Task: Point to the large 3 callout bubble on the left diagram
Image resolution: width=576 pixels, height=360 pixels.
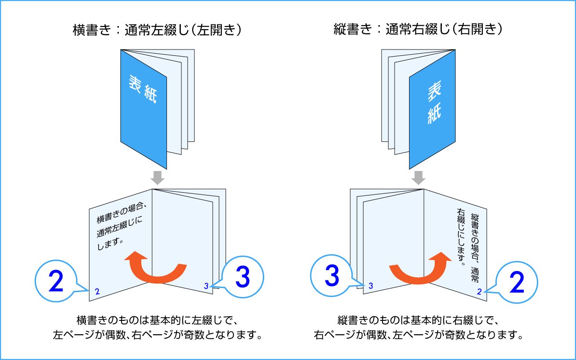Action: [x=243, y=278]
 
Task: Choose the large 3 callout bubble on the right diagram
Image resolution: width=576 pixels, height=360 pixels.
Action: [x=332, y=277]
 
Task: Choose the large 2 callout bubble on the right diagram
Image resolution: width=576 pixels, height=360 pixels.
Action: [x=517, y=283]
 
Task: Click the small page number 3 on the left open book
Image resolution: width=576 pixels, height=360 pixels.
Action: [x=206, y=286]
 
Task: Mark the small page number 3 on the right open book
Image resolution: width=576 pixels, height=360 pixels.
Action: [x=370, y=286]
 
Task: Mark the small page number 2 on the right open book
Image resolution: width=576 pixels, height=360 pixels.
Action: [x=479, y=292]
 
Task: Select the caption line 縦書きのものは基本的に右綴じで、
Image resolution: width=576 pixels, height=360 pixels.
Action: [x=418, y=320]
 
